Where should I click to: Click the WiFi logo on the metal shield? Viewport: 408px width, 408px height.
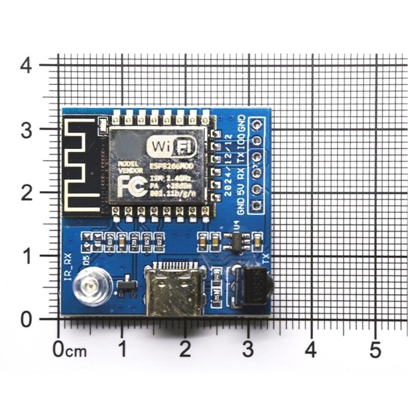[x=171, y=147]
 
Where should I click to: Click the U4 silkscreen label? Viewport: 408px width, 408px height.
[x=236, y=225]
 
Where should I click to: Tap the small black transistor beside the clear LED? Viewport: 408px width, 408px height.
[x=125, y=287]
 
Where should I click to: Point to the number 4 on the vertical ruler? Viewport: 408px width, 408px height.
[x=28, y=65]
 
